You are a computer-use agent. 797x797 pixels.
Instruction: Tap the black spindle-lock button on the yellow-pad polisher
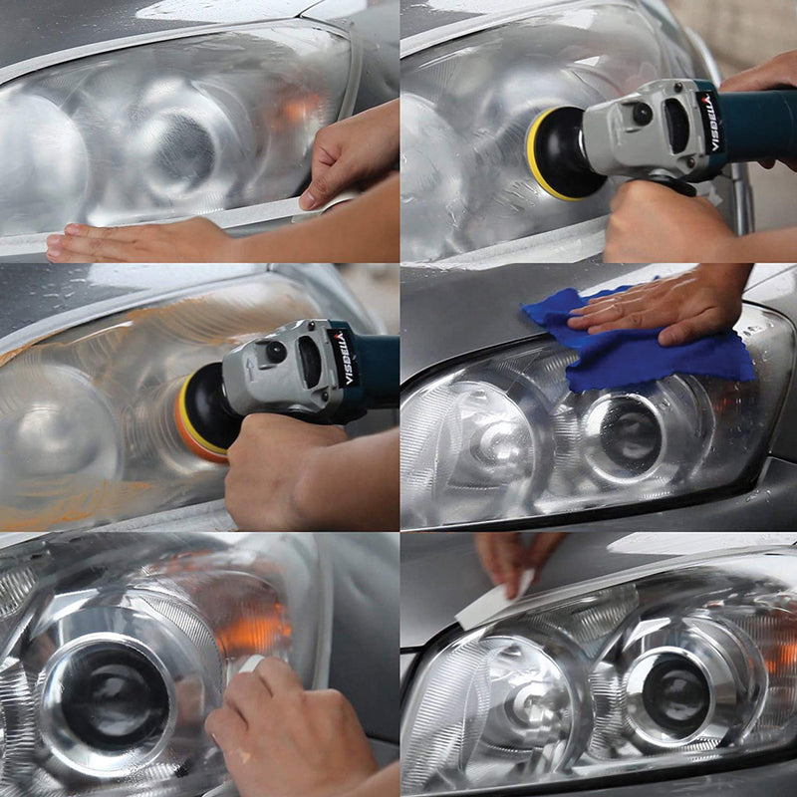pyautogui.click(x=643, y=113)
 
